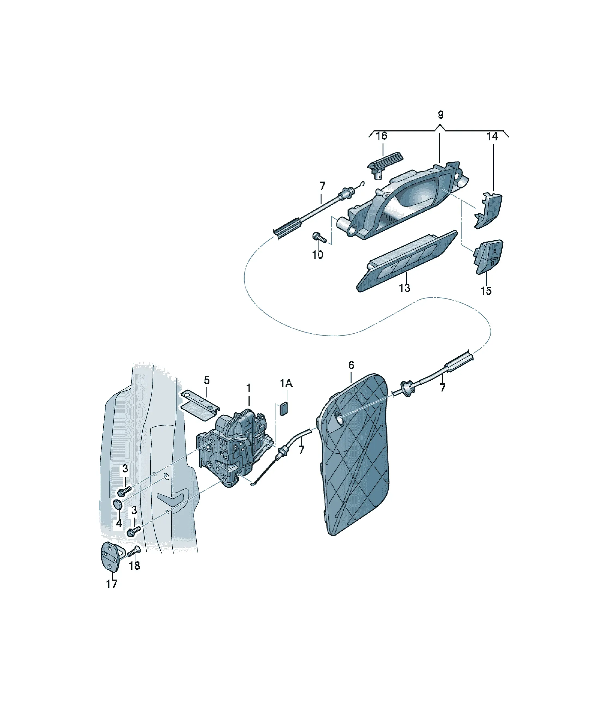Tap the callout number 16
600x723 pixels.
point(381,136)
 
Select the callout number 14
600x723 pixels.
point(492,136)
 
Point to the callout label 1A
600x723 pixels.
point(286,383)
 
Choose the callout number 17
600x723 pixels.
point(111,584)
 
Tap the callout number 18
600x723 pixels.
point(134,565)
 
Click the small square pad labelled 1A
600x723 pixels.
point(284,408)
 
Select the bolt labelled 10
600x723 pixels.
point(319,237)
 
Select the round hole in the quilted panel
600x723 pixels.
point(337,418)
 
